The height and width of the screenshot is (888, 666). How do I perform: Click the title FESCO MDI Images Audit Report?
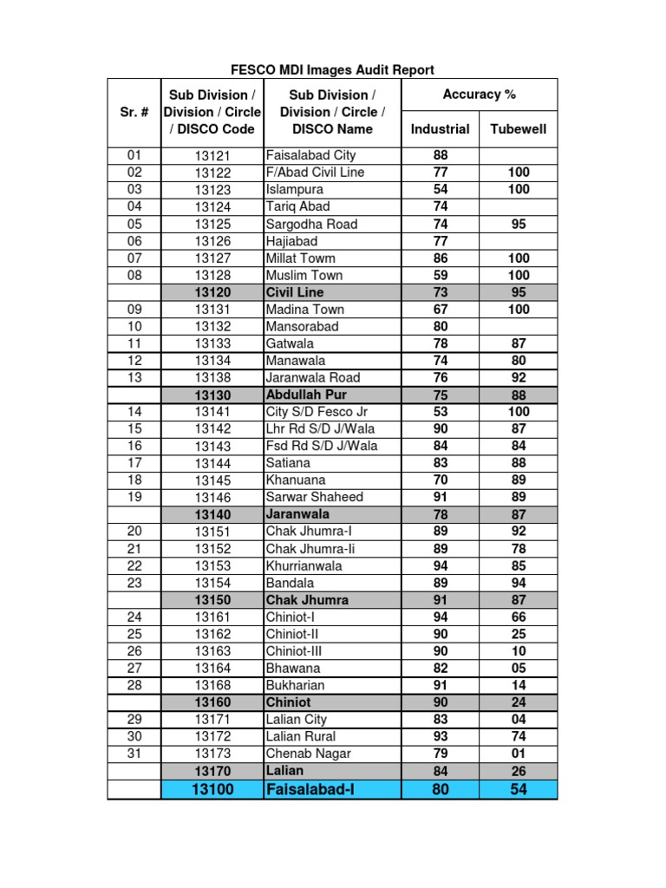pyautogui.click(x=333, y=69)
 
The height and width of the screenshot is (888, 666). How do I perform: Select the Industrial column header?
pyautogui.click(x=440, y=129)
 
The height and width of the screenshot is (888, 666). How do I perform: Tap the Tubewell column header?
pyautogui.click(x=519, y=129)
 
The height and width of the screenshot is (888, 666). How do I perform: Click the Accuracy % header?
pyautogui.click(x=479, y=95)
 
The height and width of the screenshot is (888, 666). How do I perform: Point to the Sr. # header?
pyautogui.click(x=134, y=112)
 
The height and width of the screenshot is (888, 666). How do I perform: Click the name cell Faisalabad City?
pyautogui.click(x=310, y=155)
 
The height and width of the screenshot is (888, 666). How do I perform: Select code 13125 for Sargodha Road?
pyautogui.click(x=212, y=224)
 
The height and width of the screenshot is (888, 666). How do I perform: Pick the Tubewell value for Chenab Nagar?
pyautogui.click(x=519, y=754)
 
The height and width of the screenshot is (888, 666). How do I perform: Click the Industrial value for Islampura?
pyautogui.click(x=440, y=189)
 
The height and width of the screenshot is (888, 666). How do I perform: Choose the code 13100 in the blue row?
pyautogui.click(x=212, y=789)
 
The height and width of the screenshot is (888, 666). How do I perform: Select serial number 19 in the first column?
pyautogui.click(x=134, y=497)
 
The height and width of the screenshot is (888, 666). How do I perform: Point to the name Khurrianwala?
pyautogui.click(x=304, y=565)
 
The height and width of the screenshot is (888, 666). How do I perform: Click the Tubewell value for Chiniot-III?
pyautogui.click(x=519, y=651)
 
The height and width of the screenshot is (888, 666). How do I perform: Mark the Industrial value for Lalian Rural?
pyautogui.click(x=440, y=736)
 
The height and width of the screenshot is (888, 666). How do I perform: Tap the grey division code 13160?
pyautogui.click(x=212, y=702)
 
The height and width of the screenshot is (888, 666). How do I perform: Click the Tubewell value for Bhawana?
pyautogui.click(x=519, y=669)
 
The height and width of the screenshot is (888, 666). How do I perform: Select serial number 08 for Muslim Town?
pyautogui.click(x=134, y=275)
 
